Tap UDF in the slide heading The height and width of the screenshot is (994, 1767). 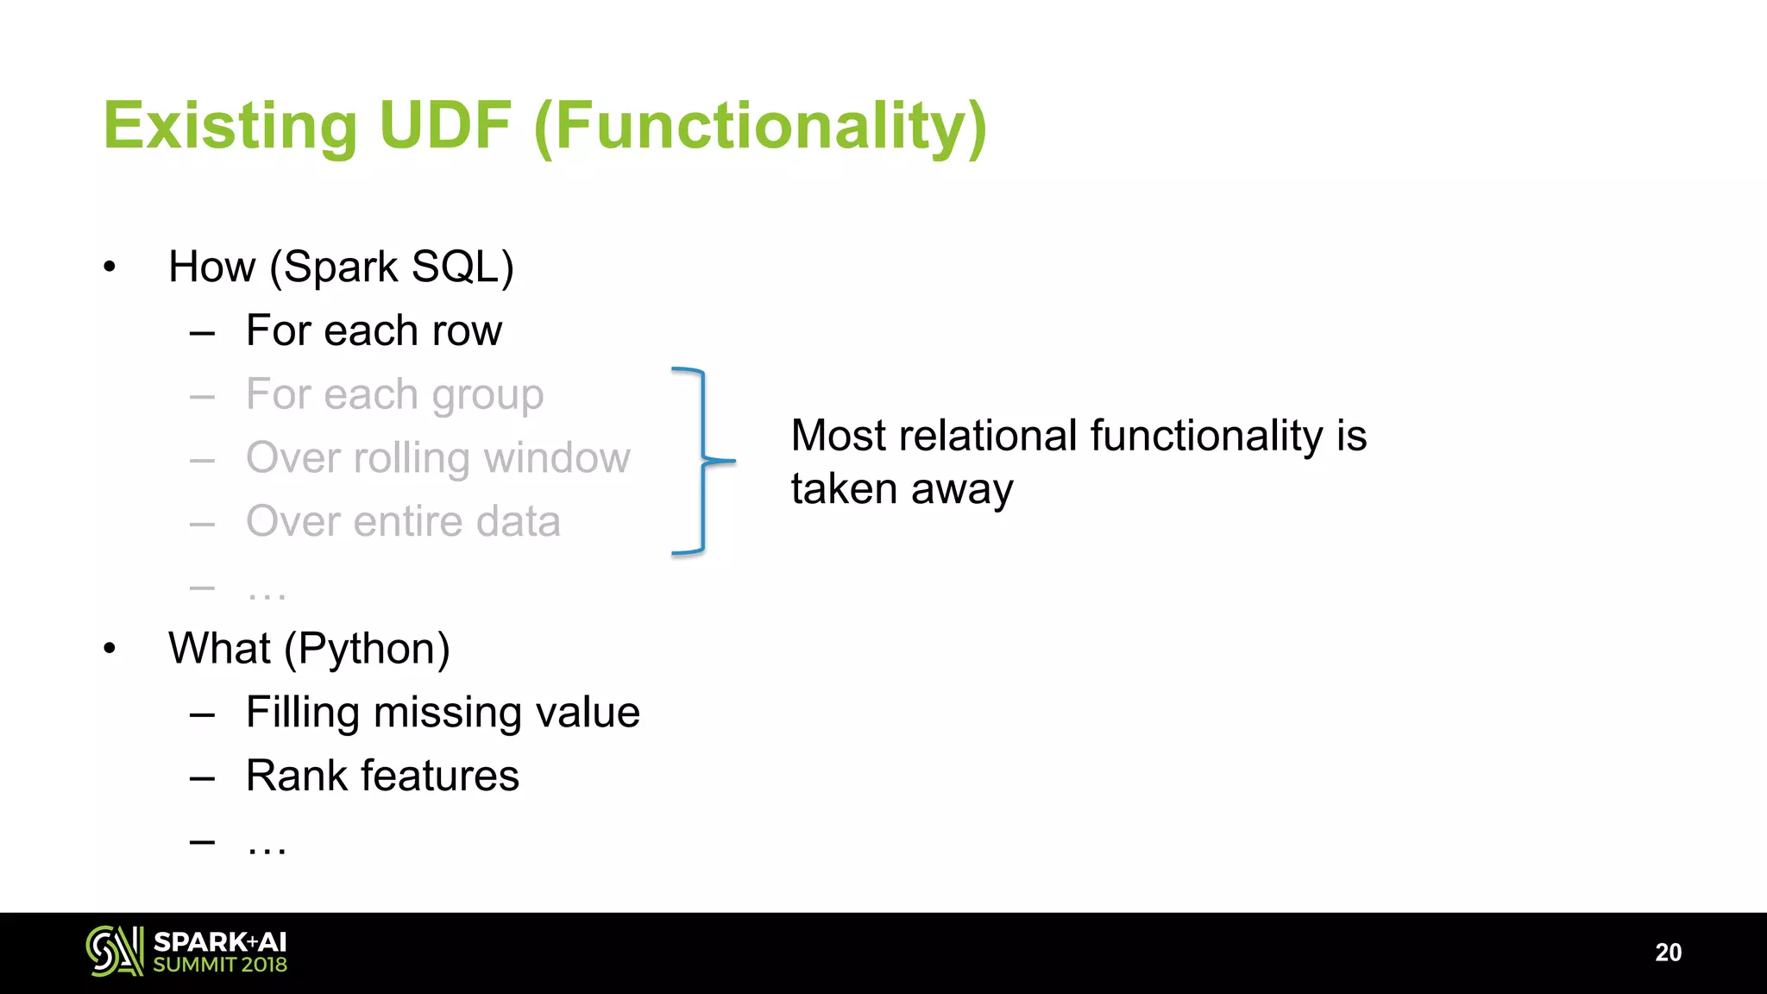[x=445, y=126]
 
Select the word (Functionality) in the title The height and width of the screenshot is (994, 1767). [x=760, y=128]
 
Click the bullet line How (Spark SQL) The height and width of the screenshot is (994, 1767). [x=341, y=267]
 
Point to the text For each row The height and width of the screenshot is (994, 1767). [x=374, y=330]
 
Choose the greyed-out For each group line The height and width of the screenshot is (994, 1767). [x=394, y=394]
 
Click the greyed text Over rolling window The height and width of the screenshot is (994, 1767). [x=437, y=457]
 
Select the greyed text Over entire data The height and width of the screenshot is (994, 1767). [x=403, y=521]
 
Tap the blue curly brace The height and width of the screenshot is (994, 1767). [x=703, y=461]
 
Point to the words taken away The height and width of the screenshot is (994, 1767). [x=902, y=489]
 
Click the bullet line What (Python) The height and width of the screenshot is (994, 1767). [x=309, y=648]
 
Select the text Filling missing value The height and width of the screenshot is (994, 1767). [x=443, y=712]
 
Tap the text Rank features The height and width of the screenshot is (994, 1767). [x=382, y=776]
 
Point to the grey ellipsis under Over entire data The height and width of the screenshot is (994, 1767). [x=266, y=594]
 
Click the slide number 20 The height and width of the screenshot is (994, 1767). [x=1668, y=953]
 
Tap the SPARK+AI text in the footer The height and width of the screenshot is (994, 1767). [x=220, y=941]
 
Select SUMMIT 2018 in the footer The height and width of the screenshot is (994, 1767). [x=220, y=965]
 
